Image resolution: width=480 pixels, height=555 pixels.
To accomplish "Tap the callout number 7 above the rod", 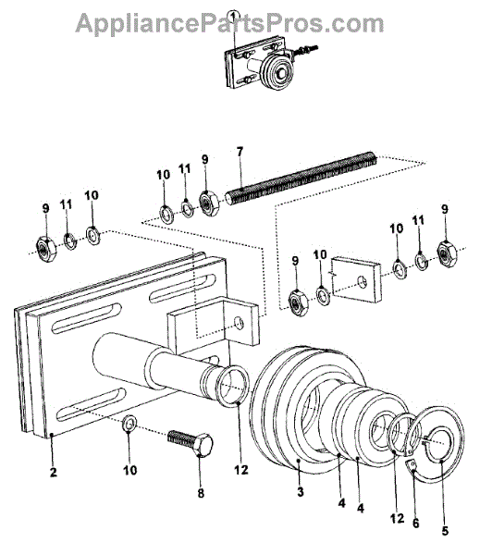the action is pyautogui.click(x=240, y=153).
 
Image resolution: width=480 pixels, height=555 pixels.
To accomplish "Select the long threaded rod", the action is pyautogui.click(x=301, y=179).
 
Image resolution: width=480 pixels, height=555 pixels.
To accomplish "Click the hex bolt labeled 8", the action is pyautogui.click(x=191, y=443).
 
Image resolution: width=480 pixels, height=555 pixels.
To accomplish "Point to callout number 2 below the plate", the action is pyautogui.click(x=53, y=472).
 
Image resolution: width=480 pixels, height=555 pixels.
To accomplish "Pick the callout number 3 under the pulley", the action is pyautogui.click(x=301, y=492).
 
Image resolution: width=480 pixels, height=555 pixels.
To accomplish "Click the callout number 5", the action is pyautogui.click(x=445, y=531).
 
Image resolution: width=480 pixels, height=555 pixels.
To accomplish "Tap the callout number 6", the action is pyautogui.click(x=415, y=524).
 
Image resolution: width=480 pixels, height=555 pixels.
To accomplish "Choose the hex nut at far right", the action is pyautogui.click(x=447, y=253).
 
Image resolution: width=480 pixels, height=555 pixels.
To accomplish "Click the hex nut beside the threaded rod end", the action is pyautogui.click(x=210, y=203).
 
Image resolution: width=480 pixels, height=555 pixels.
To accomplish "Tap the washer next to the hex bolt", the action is pyautogui.click(x=129, y=424).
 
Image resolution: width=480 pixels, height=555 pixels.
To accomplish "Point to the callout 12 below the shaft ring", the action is pyautogui.click(x=240, y=470).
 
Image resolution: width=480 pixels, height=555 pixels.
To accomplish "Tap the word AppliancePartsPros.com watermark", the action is pyautogui.click(x=229, y=23).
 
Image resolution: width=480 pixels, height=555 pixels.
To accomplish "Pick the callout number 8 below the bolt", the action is pyautogui.click(x=201, y=493).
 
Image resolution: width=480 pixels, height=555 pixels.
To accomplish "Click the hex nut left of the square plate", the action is pyautogui.click(x=299, y=303).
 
